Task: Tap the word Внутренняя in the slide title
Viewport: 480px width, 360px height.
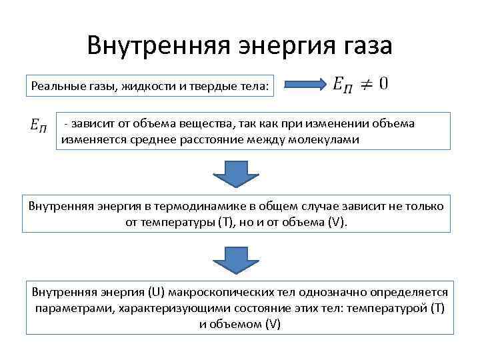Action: coord(155,47)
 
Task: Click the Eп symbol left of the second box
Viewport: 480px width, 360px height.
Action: coord(38,124)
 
